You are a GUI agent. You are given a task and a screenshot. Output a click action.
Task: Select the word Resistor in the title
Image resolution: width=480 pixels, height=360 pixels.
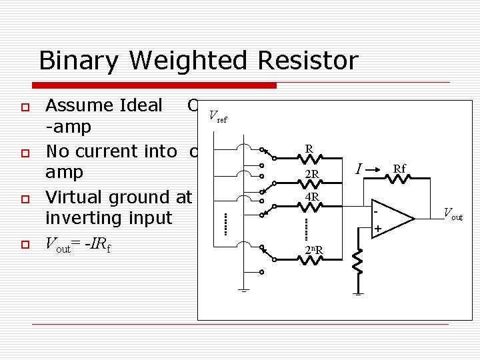(314, 61)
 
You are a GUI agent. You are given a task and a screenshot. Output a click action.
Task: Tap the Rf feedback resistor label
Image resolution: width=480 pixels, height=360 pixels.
(400, 169)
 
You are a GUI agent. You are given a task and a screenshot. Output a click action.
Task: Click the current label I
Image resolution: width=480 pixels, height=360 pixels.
(359, 171)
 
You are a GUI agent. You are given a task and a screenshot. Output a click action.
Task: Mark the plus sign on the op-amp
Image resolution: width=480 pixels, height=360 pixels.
(379, 230)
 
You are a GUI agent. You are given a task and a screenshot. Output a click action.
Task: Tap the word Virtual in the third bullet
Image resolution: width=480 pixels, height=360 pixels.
(74, 197)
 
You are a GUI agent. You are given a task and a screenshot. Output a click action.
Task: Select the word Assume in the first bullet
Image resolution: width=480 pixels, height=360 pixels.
(74, 105)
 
